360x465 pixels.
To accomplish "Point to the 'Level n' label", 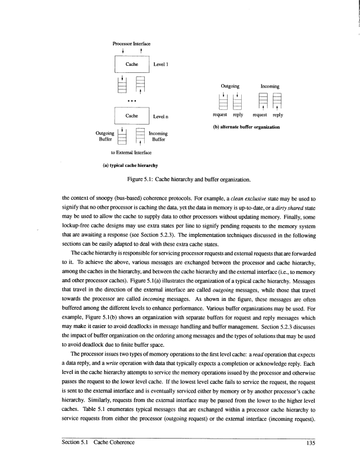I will [x=161, y=116].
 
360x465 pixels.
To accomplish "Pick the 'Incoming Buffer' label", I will [x=159, y=138].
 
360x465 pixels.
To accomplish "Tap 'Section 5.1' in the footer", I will [x=77, y=443].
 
